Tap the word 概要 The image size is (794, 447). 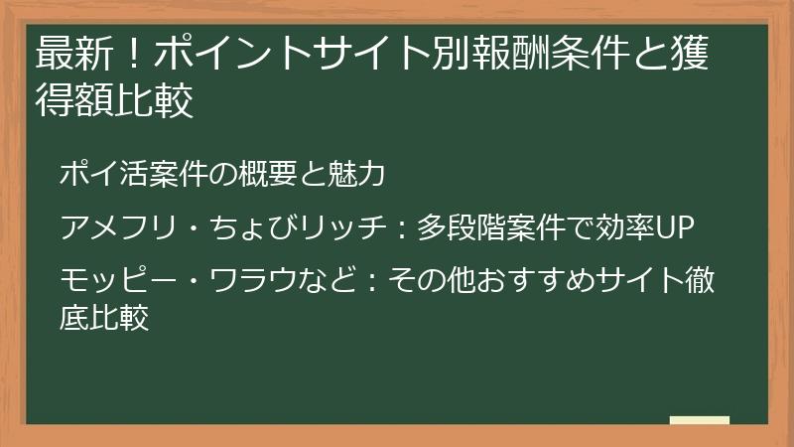pyautogui.click(x=260, y=174)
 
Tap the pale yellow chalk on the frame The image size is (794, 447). pyautogui.click(x=699, y=420)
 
